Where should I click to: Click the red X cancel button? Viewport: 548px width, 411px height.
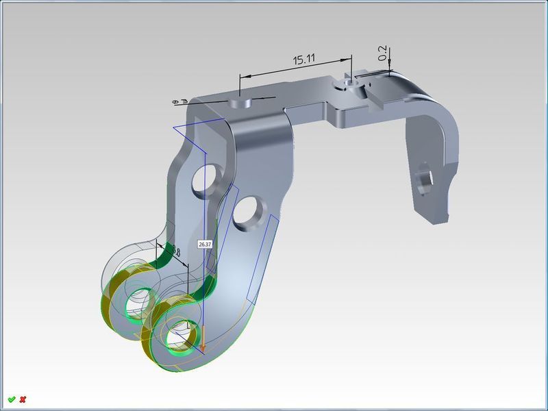click(x=23, y=399)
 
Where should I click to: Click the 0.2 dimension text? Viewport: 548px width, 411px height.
click(x=382, y=53)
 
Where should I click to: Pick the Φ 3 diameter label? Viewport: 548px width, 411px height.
click(x=180, y=102)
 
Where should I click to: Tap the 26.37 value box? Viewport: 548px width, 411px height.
click(x=204, y=244)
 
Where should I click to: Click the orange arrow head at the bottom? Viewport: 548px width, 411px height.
click(x=203, y=340)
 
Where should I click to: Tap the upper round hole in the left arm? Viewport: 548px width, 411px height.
click(x=203, y=179)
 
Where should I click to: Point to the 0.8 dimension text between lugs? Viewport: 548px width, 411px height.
click(x=175, y=253)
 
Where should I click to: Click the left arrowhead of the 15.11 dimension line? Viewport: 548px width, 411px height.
click(x=242, y=75)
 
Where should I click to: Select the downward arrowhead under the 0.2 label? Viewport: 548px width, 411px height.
click(x=389, y=68)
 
